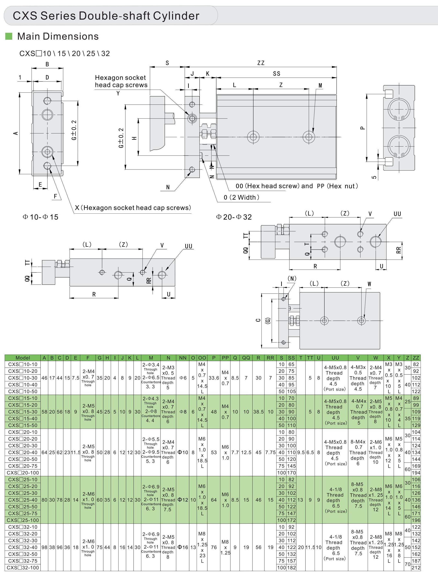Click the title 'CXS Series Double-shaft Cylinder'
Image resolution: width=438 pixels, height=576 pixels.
click(106, 16)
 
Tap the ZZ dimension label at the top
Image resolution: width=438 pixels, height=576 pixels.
click(261, 63)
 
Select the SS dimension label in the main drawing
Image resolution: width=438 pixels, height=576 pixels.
click(277, 74)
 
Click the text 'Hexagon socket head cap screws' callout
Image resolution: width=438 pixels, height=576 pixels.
click(121, 81)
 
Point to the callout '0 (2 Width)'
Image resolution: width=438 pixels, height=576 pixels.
click(242, 197)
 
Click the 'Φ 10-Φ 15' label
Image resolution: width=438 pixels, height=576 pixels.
click(40, 217)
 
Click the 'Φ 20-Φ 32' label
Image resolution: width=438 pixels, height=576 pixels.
click(234, 217)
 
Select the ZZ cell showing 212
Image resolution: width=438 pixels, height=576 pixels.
click(416, 568)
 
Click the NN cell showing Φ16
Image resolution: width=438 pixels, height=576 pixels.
click(183, 547)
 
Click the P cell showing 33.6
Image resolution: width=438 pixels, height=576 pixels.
click(214, 378)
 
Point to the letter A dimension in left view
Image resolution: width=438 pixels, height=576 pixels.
click(16, 133)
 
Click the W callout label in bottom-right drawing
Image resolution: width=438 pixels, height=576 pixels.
click(369, 284)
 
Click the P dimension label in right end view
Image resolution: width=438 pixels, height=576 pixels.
click(362, 128)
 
